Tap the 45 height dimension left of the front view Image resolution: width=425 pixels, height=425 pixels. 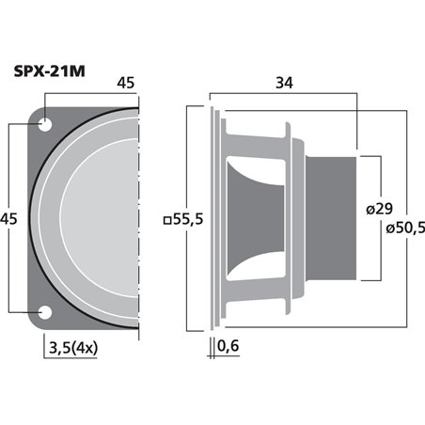pyautogui.click(x=11, y=218)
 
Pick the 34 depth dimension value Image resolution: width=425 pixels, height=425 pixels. pyautogui.click(x=283, y=83)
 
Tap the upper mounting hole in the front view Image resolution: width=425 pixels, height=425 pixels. pyautogui.click(x=45, y=122)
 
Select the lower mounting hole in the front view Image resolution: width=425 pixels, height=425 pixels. pyautogui.click(x=45, y=313)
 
